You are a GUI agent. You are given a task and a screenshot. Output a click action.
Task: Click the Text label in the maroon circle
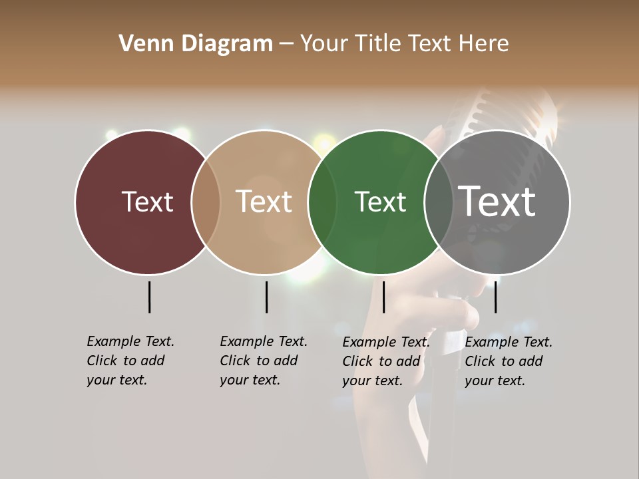pos(147,202)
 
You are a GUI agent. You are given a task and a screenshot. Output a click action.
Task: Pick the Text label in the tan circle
pos(264,202)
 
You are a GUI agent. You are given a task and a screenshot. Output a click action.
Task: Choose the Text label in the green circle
pos(380,202)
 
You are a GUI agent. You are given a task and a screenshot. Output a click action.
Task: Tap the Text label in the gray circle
pos(497,201)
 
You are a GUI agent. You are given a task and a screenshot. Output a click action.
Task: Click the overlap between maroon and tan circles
pos(205,202)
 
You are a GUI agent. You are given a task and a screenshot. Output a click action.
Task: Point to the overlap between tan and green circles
pos(322,202)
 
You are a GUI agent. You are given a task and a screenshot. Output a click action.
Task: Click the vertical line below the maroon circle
pos(149,297)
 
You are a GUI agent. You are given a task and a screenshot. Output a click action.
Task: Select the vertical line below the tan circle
pos(266,297)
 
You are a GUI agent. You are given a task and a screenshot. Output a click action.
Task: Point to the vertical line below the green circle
pos(383,297)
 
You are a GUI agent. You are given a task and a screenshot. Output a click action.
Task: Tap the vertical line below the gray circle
pos(496,297)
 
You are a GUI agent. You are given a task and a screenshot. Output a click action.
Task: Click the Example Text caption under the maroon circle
pos(130,361)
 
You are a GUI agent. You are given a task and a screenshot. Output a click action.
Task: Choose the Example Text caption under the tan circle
pos(264,361)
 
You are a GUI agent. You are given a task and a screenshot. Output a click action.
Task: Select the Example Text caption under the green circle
pos(386,361)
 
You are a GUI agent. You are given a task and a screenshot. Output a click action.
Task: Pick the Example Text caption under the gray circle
pos(509,361)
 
